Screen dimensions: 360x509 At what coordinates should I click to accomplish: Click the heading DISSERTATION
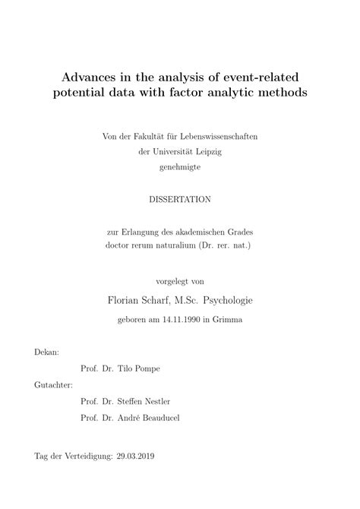tap(180, 198)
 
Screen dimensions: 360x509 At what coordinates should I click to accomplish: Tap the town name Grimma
tap(226, 320)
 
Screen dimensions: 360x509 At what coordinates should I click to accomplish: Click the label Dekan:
tap(47, 353)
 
